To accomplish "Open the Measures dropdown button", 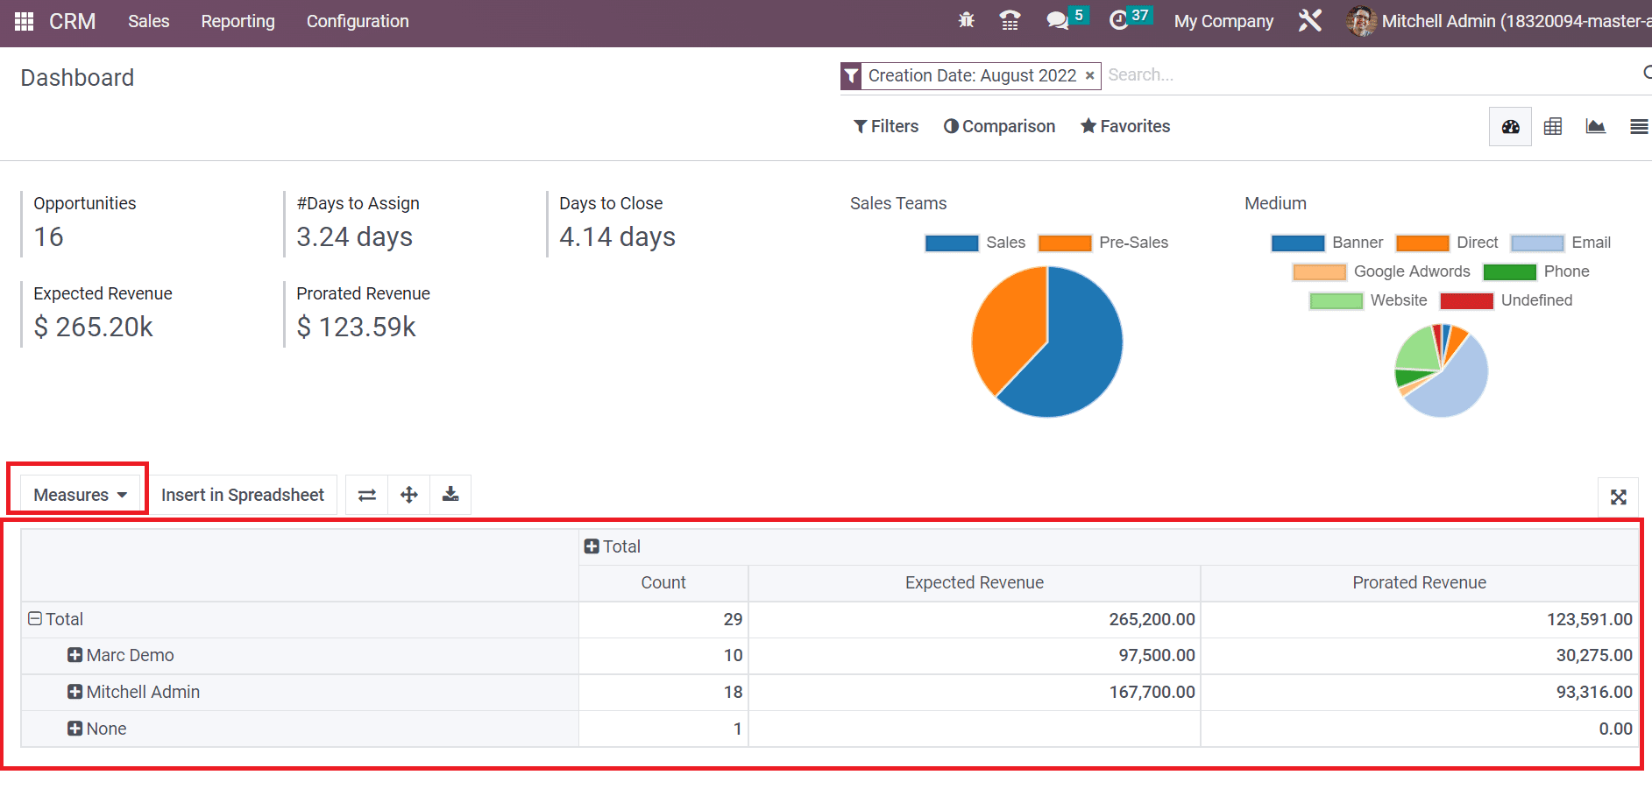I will click(x=79, y=495).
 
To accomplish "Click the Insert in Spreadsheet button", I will click(x=242, y=495).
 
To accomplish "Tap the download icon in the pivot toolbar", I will click(x=450, y=495).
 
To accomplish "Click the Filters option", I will click(x=886, y=126).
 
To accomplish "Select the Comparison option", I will click(x=999, y=126).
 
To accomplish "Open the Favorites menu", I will click(x=1125, y=126).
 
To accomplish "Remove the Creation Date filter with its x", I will click(x=1089, y=76).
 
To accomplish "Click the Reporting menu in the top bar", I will click(x=238, y=21).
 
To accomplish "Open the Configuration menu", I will click(x=358, y=21).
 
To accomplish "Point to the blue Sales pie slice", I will click(x=1074, y=350).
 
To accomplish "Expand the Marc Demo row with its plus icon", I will click(x=75, y=655).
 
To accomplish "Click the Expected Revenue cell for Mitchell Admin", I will click(x=975, y=692).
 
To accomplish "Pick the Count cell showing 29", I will click(x=663, y=619).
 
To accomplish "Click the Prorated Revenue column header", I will click(x=1419, y=582).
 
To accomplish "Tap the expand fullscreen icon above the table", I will click(x=1618, y=497).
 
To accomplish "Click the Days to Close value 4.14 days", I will click(x=617, y=236).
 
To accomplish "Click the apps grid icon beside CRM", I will click(x=24, y=21).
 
